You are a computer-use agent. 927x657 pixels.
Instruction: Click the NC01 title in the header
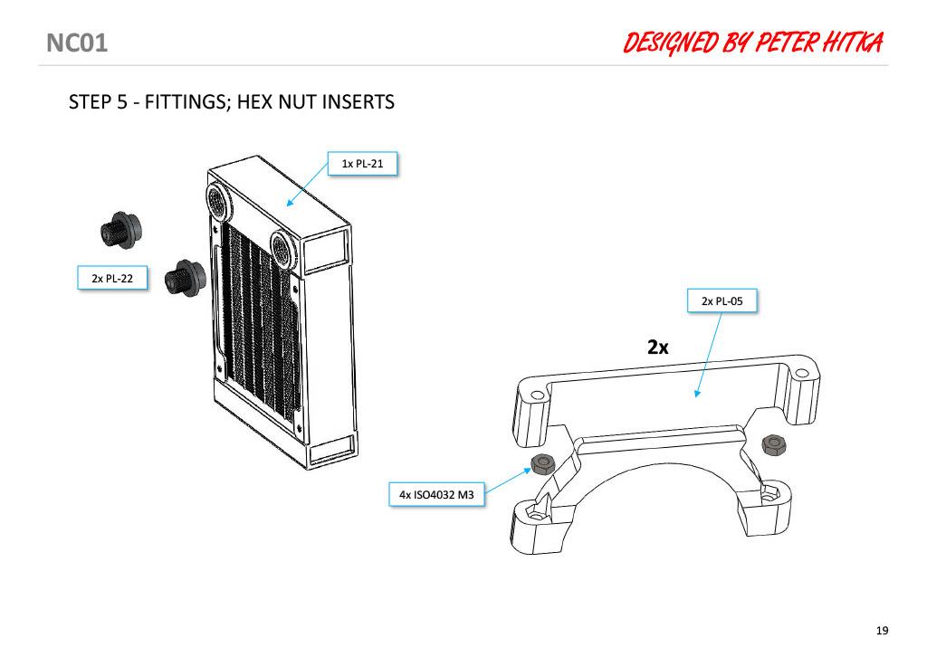[77, 43]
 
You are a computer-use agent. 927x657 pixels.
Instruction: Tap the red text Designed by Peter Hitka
[752, 43]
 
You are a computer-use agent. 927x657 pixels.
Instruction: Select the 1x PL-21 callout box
[362, 164]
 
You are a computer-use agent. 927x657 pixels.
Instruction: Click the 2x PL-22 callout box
[112, 279]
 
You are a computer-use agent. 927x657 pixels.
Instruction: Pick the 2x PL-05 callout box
[722, 300]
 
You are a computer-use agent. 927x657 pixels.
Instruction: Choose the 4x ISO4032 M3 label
[436, 494]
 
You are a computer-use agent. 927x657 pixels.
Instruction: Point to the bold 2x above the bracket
[657, 347]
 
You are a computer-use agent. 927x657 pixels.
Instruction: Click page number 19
[882, 631]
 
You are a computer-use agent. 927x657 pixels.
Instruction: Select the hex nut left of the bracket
[541, 463]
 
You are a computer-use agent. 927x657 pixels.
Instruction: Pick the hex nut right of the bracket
[772, 444]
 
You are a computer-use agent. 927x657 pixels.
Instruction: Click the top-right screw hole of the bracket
[800, 374]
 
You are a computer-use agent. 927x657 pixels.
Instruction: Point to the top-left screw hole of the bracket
[537, 395]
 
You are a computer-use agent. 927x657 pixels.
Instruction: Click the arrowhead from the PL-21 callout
[290, 203]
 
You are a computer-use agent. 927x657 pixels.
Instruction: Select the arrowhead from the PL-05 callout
[698, 394]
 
